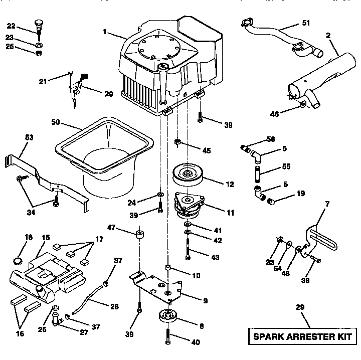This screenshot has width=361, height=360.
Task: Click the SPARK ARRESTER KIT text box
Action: tap(301, 336)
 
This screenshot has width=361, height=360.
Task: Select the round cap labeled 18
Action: tap(18, 260)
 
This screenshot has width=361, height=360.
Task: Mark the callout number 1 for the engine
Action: tap(105, 32)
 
